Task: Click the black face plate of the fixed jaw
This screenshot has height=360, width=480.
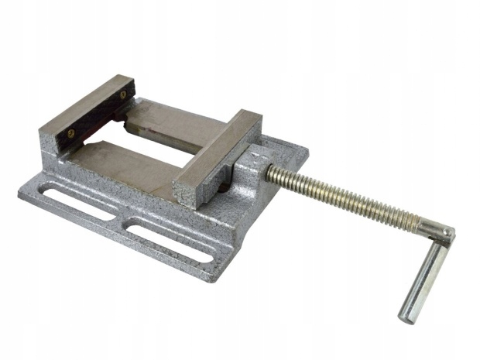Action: point(97,116)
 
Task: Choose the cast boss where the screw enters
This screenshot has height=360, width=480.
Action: point(248,174)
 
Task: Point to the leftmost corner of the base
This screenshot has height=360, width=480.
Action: point(22,191)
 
